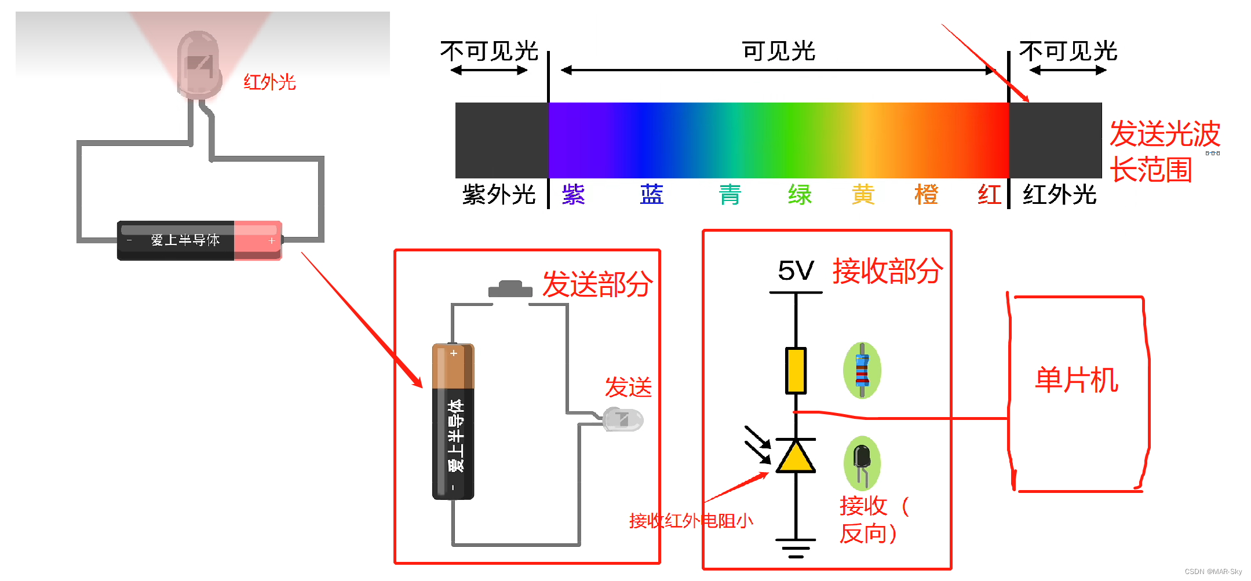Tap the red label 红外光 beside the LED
[269, 82]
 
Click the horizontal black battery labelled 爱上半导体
[199, 240]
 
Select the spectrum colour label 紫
[573, 195]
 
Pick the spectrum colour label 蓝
[651, 195]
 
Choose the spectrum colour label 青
[730, 195]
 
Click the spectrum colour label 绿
[800, 195]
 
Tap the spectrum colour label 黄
[863, 195]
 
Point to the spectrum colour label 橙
[926, 195]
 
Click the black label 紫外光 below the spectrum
[499, 195]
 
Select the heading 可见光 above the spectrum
[779, 52]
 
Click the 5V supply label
[796, 271]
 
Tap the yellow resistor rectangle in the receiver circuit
[796, 371]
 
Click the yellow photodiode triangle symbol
[796, 456]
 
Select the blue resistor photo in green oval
[862, 371]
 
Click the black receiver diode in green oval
[862, 462]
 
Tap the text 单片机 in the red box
[1077, 381]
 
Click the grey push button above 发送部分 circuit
[510, 288]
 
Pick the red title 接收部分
[888, 271]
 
